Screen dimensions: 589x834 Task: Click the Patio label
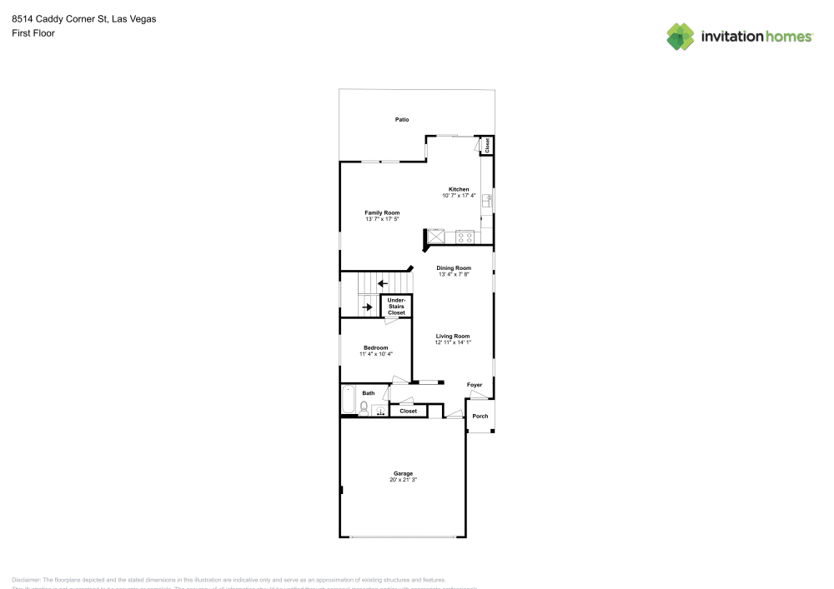pos(402,120)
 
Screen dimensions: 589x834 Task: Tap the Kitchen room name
pos(459,189)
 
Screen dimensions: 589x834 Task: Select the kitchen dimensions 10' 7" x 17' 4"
pos(459,196)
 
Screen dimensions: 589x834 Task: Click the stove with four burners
pos(465,237)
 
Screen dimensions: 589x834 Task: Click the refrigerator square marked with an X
pos(435,237)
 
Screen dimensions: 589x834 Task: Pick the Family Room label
pos(382,212)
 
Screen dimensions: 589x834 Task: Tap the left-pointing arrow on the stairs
pos(383,283)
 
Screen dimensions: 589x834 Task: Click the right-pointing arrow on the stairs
pos(367,307)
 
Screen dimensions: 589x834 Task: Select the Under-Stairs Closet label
pos(396,306)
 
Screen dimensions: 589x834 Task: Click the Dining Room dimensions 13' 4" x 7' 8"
pos(454,274)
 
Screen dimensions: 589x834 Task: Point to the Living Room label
pos(453,336)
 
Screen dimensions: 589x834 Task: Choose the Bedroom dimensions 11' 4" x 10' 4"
pos(375,354)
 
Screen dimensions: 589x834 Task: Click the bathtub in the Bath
pos(349,400)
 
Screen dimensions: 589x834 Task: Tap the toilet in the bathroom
pos(364,407)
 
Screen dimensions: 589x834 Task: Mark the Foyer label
pos(475,385)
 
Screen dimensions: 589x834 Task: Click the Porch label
pos(480,416)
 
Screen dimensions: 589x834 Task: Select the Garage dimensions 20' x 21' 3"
pos(403,480)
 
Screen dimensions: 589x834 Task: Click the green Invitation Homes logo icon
pos(681,36)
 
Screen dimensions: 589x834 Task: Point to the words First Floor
pos(33,33)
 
